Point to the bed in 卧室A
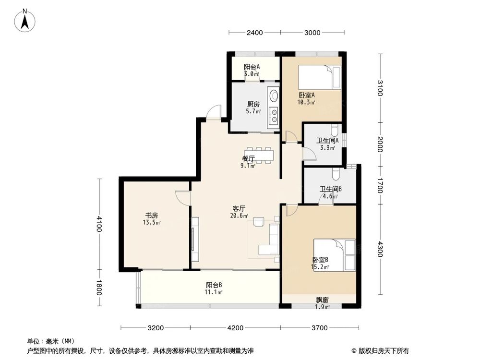[x=319, y=77]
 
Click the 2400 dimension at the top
[x=254, y=33]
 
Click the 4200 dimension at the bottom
[x=235, y=328]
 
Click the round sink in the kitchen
[x=274, y=96]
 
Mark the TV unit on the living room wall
[x=194, y=240]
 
